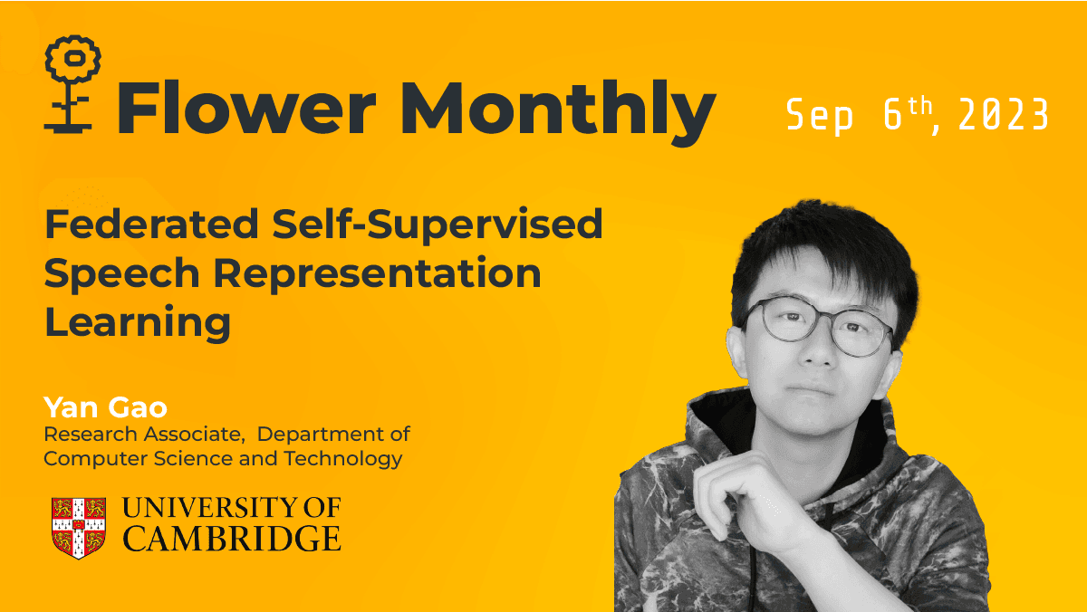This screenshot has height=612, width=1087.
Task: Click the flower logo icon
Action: pos(72,82)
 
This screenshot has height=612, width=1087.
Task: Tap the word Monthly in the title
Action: pos(558,110)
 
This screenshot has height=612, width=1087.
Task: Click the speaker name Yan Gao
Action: pos(106,407)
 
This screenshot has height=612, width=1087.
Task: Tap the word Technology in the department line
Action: pos(343,458)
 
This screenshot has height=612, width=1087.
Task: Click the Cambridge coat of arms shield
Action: pos(78,525)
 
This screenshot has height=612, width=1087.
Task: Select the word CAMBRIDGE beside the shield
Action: pos(232,539)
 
